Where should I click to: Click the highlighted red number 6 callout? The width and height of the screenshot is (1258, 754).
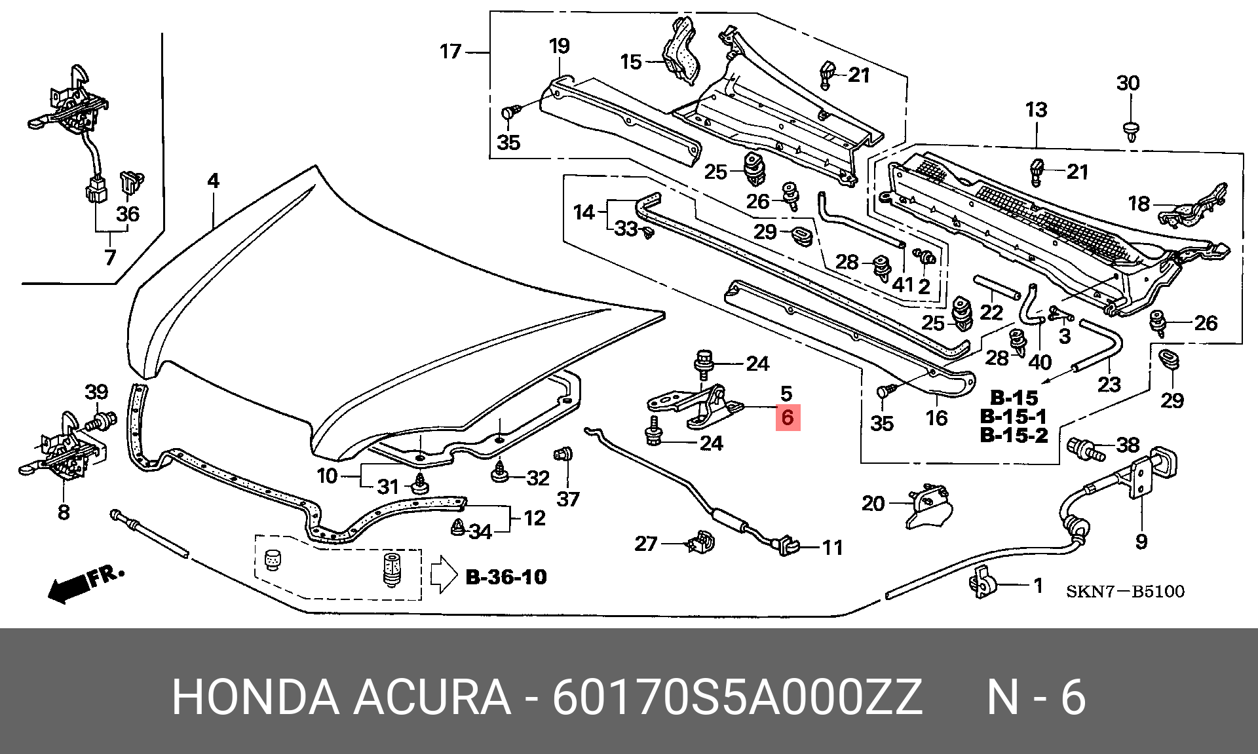787,417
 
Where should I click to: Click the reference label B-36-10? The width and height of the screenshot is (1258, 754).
506,577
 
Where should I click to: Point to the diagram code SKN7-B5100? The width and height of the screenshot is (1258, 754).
1125,592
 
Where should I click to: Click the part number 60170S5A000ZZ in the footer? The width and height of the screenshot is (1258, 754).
736,699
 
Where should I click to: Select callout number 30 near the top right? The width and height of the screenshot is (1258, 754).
1128,83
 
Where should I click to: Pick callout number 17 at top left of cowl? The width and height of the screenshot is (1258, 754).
450,51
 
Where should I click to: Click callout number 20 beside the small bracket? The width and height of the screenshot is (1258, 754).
873,503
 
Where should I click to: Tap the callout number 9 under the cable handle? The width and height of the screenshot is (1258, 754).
1141,541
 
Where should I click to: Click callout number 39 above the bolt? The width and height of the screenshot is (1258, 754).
96,392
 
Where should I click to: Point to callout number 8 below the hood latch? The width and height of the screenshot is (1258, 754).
64,512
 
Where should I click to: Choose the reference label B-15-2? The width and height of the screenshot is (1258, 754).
1014,435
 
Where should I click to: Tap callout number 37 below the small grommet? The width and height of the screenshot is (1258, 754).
568,499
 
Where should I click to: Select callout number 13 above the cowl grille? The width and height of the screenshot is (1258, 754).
1037,109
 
